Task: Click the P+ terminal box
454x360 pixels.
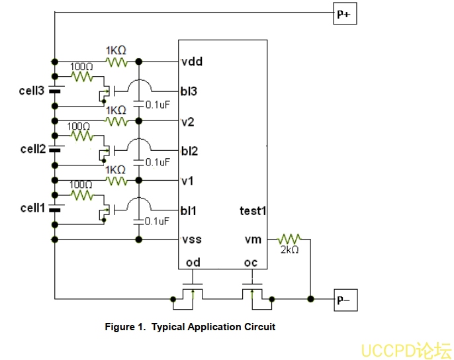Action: click(344, 14)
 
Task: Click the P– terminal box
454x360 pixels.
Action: click(344, 300)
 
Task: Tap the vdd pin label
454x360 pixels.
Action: click(192, 62)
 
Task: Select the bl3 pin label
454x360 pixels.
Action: click(189, 91)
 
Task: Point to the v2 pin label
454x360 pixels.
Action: click(188, 121)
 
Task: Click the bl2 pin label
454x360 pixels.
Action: click(189, 151)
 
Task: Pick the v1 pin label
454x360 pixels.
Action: click(188, 180)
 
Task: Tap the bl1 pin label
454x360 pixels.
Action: click(189, 210)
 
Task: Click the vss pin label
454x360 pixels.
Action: click(191, 239)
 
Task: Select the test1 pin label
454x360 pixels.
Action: click(253, 210)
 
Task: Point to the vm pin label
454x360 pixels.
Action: click(253, 239)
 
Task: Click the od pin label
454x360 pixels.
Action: click(193, 262)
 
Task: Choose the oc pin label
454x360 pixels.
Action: click(251, 262)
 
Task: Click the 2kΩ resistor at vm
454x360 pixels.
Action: click(289, 238)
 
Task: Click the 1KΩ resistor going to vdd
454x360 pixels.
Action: click(116, 62)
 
